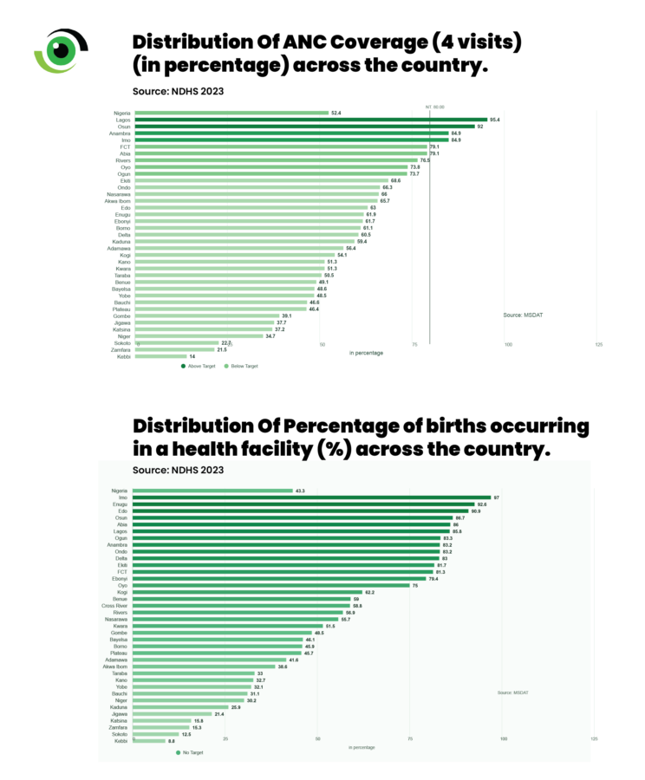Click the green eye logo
click(x=61, y=49)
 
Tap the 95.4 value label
click(x=495, y=120)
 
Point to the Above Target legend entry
click(x=199, y=367)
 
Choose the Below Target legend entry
click(x=242, y=367)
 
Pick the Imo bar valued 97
click(x=312, y=497)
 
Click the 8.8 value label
click(x=171, y=741)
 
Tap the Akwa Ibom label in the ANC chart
click(x=118, y=201)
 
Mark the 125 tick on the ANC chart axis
click(x=599, y=345)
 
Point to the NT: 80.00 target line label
click(x=435, y=107)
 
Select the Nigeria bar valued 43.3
click(x=213, y=491)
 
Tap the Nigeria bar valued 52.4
click(x=231, y=113)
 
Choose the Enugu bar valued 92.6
click(x=303, y=504)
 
